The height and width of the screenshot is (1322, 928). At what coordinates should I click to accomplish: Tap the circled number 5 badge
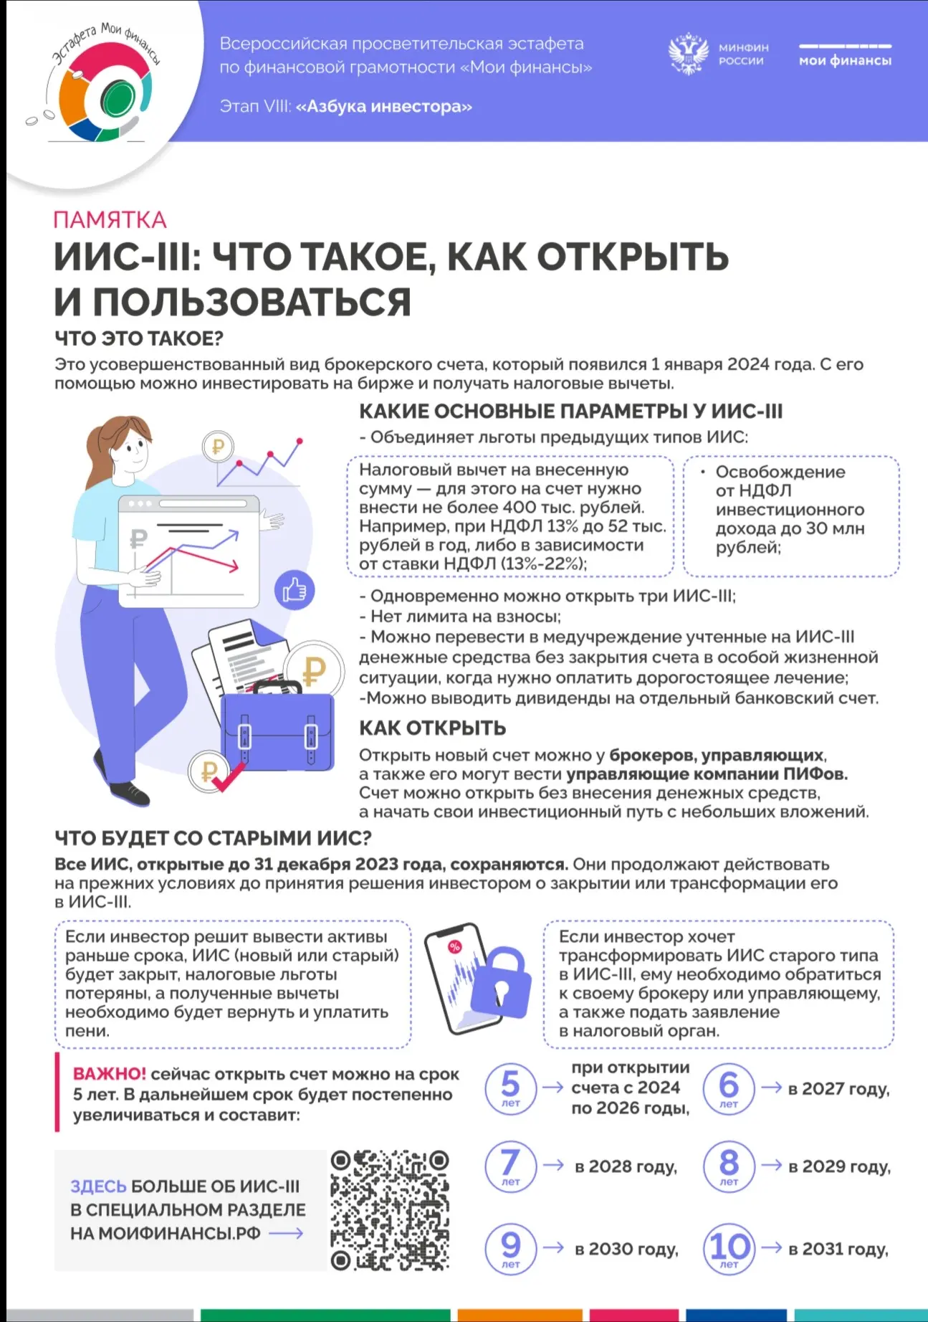[x=510, y=1088]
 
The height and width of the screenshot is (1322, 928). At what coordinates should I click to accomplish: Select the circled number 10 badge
[x=729, y=1249]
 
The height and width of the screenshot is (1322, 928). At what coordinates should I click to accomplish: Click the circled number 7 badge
[x=510, y=1166]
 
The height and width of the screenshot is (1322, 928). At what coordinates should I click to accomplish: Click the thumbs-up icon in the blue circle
[x=295, y=590]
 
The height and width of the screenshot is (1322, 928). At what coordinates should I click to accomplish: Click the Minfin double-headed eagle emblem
[x=688, y=54]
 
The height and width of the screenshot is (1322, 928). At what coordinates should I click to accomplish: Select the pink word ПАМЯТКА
[x=110, y=219]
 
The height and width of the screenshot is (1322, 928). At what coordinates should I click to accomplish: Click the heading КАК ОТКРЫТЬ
[x=432, y=728]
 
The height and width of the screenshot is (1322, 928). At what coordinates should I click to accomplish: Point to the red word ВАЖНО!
[x=109, y=1074]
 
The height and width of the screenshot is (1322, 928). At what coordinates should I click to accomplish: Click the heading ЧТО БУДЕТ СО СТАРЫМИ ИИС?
[x=213, y=837]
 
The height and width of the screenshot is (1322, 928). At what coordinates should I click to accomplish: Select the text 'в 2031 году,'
[x=838, y=1249]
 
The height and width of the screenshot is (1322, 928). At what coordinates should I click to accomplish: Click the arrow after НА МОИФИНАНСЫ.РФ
[x=286, y=1234]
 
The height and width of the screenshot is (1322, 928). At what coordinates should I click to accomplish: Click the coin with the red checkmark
[x=210, y=773]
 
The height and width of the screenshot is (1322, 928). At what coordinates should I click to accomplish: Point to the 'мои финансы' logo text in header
[x=845, y=61]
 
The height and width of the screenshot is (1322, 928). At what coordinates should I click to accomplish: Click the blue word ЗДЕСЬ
[x=97, y=1187]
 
